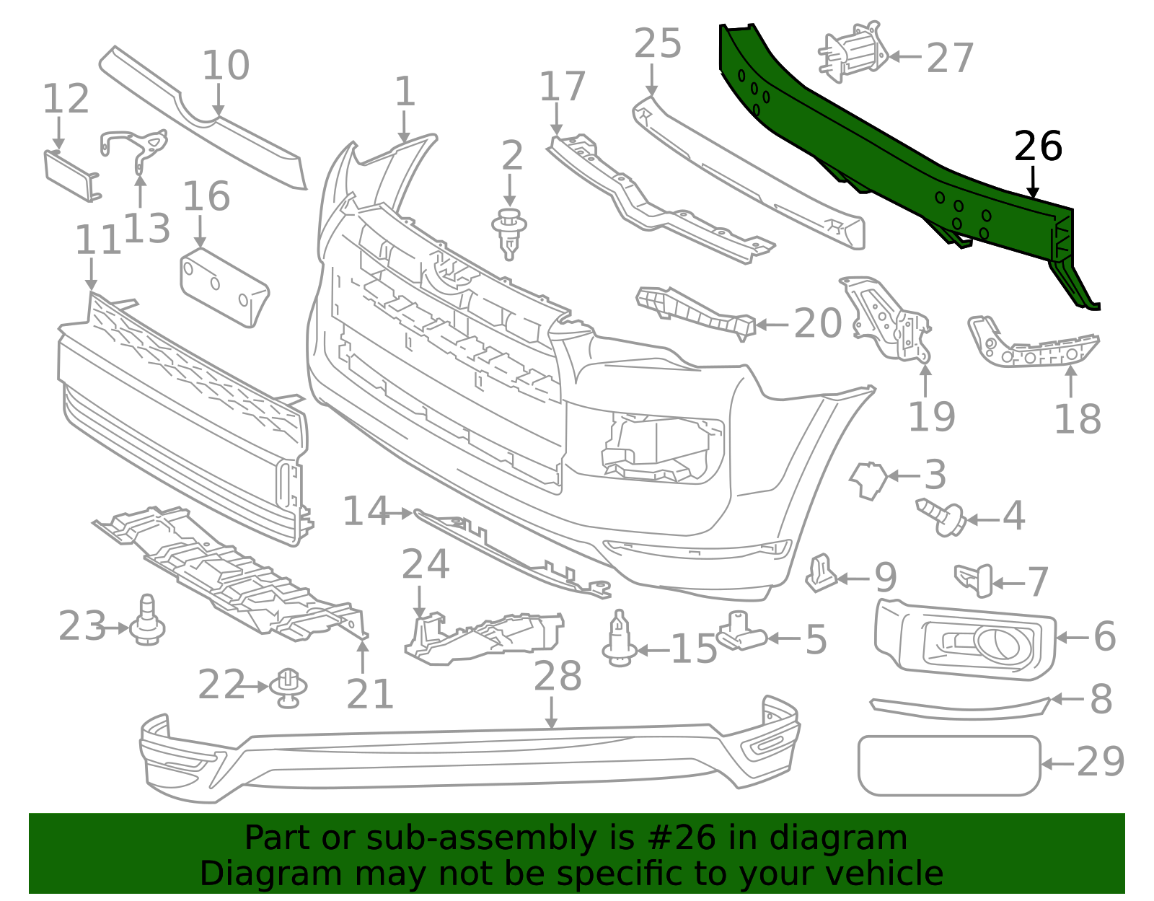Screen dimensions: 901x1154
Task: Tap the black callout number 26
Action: pyautogui.click(x=1038, y=146)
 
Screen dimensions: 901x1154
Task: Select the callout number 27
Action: pyautogui.click(x=950, y=58)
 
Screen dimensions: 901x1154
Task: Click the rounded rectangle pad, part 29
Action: pyautogui.click(x=948, y=765)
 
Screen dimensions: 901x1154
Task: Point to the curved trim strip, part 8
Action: pyautogui.click(x=959, y=708)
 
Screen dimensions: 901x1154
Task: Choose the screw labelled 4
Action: pyautogui.click(x=941, y=517)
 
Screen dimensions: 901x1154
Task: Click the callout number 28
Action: pyautogui.click(x=558, y=677)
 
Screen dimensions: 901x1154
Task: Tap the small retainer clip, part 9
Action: pyautogui.click(x=820, y=573)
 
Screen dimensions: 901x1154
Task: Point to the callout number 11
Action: pyautogui.click(x=98, y=240)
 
